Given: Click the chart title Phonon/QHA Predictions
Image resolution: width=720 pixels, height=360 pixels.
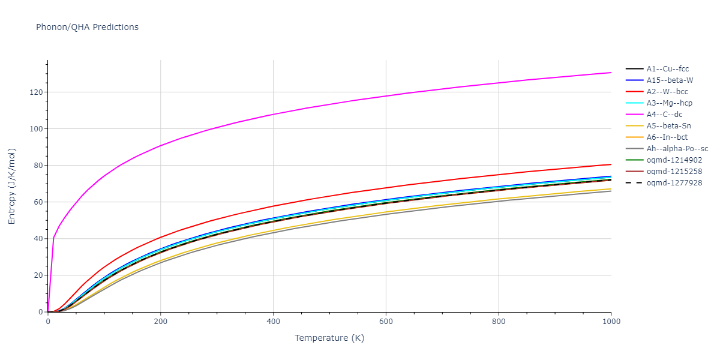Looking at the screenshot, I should pyautogui.click(x=87, y=27).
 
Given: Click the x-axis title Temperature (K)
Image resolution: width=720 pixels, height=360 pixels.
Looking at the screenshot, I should pyautogui.click(x=329, y=338).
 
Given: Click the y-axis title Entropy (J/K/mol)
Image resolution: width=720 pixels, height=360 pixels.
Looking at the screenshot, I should pyautogui.click(x=12, y=186).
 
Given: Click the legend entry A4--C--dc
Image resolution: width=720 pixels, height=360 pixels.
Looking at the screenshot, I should pyautogui.click(x=664, y=115).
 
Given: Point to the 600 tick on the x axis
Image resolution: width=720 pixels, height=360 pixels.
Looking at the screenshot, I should pyautogui.click(x=386, y=322).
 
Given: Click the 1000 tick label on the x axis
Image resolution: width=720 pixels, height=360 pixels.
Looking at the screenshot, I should pyautogui.click(x=611, y=322).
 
